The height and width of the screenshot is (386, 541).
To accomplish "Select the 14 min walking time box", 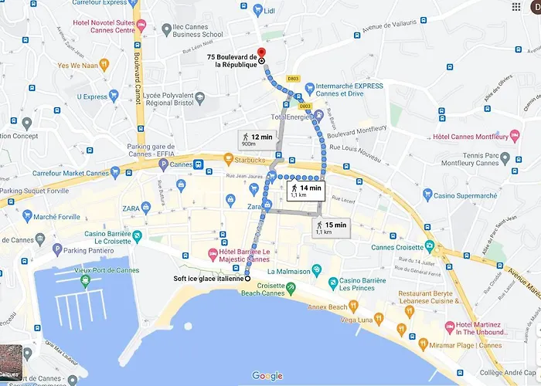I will point(305,191).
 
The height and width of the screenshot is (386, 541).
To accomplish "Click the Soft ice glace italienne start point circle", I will point(247,279).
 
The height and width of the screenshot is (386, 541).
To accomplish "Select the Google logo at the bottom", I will point(267,376).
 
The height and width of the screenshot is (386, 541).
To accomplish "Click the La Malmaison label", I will point(288,272).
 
